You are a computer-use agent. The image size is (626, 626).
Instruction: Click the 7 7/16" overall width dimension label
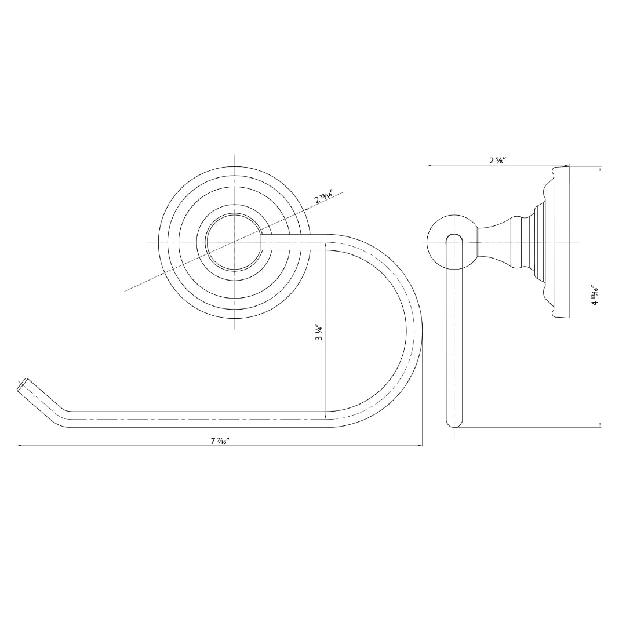[220, 441]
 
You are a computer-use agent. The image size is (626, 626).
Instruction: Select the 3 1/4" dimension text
[319, 332]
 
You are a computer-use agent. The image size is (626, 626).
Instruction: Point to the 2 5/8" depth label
[497, 160]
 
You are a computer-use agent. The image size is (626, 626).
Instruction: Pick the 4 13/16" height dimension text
[595, 295]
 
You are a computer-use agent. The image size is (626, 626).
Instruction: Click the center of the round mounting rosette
[235, 242]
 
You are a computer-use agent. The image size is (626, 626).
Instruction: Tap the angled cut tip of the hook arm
[23, 386]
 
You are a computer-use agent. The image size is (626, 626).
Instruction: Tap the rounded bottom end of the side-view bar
[454, 421]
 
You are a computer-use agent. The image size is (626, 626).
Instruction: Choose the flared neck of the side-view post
[496, 242]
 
